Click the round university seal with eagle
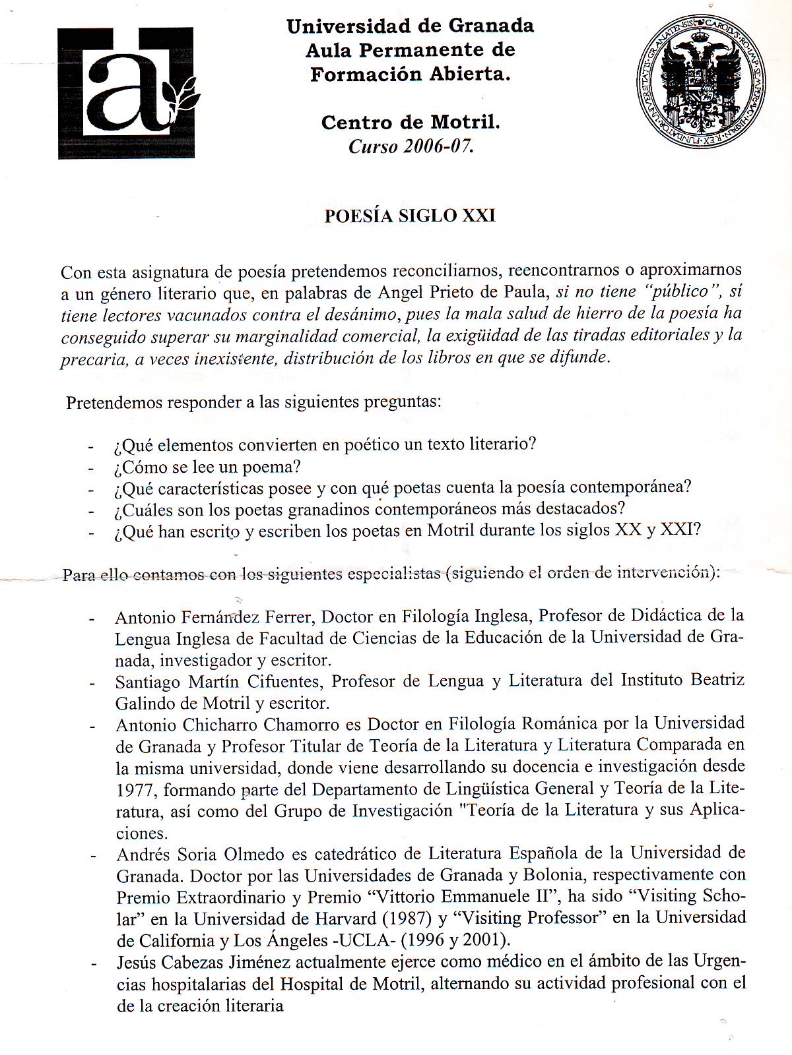(x=700, y=82)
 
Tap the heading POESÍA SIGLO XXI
(x=409, y=216)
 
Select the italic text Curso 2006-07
(x=411, y=146)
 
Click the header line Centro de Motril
(x=411, y=122)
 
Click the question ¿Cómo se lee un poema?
(x=207, y=467)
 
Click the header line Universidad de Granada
(x=410, y=26)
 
